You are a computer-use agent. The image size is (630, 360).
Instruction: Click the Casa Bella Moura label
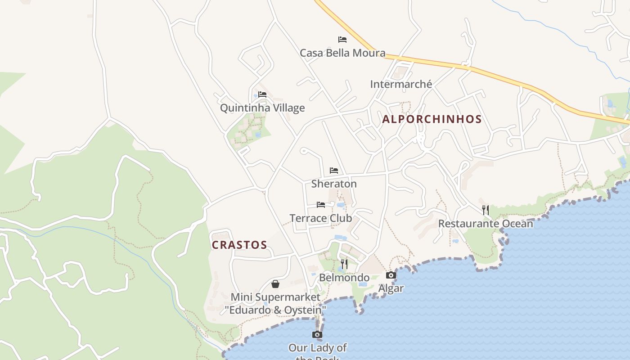tap(342, 53)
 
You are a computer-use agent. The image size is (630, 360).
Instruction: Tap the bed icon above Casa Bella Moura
tap(342, 40)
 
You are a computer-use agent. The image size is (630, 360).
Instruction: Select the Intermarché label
tap(401, 84)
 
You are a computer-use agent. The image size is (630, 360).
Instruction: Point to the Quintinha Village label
tap(262, 108)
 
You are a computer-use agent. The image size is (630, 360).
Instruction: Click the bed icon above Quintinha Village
tap(262, 94)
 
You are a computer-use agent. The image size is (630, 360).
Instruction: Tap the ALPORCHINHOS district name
tap(432, 119)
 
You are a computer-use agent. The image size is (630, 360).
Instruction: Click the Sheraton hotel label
tap(334, 184)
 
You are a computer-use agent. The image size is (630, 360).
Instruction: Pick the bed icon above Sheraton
tap(334, 171)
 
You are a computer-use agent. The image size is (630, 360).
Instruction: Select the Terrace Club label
tap(321, 218)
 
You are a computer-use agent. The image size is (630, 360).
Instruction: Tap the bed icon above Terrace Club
tap(321, 205)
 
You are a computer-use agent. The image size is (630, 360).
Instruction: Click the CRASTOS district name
tap(239, 245)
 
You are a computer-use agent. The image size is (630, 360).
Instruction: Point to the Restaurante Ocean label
tap(486, 224)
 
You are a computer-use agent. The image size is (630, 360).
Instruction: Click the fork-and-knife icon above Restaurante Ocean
tap(486, 210)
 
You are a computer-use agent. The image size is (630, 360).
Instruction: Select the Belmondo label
tap(344, 278)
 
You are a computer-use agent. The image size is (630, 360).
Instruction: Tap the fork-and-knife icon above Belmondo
tap(344, 264)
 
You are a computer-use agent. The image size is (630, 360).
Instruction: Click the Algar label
tap(391, 288)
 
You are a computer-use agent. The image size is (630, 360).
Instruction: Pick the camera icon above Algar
tap(391, 275)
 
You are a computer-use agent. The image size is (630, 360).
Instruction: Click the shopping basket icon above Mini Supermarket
tap(275, 284)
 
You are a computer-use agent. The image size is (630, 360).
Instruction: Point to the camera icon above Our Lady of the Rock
tap(317, 334)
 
